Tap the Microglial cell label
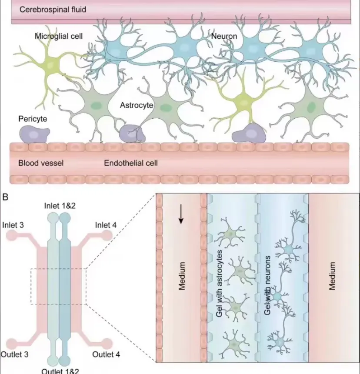(x=59, y=36)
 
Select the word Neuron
(x=224, y=36)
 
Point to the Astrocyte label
(x=137, y=105)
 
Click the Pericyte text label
(x=33, y=118)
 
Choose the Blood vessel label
(x=41, y=164)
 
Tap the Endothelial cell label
(x=130, y=164)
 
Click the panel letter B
(x=5, y=197)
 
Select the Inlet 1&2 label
(x=60, y=205)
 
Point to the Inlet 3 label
(x=13, y=225)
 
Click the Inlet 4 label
(x=107, y=225)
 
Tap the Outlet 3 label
(x=14, y=354)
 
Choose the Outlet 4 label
(x=106, y=354)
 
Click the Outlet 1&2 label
(x=60, y=371)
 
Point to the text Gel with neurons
(x=268, y=285)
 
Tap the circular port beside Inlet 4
(x=107, y=235)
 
